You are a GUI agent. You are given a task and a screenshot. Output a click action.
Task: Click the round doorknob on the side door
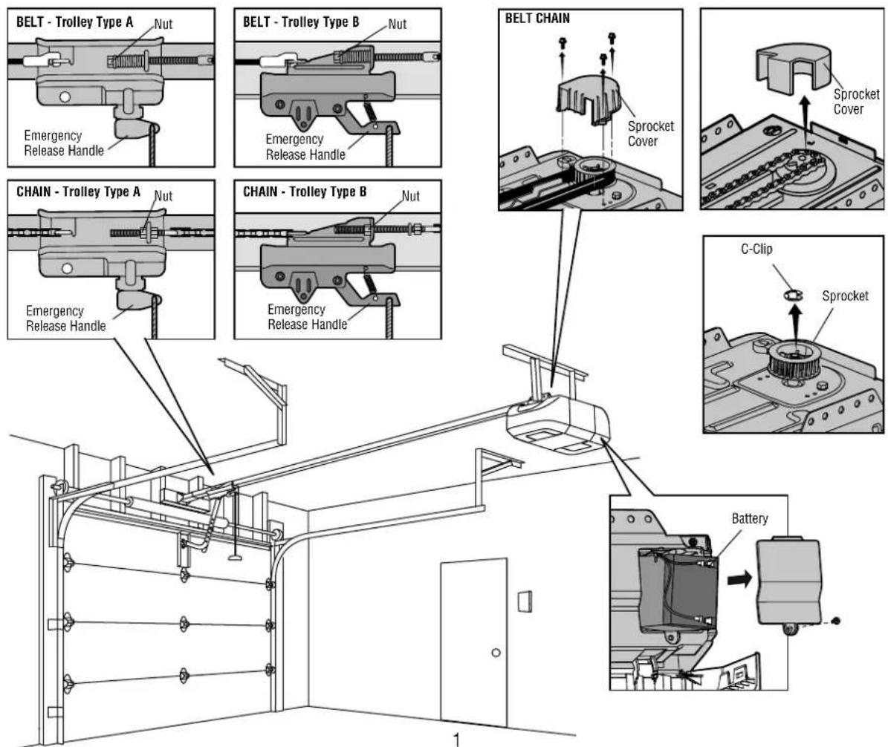point(494,653)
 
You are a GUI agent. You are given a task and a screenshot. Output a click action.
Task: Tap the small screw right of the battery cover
point(838,620)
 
